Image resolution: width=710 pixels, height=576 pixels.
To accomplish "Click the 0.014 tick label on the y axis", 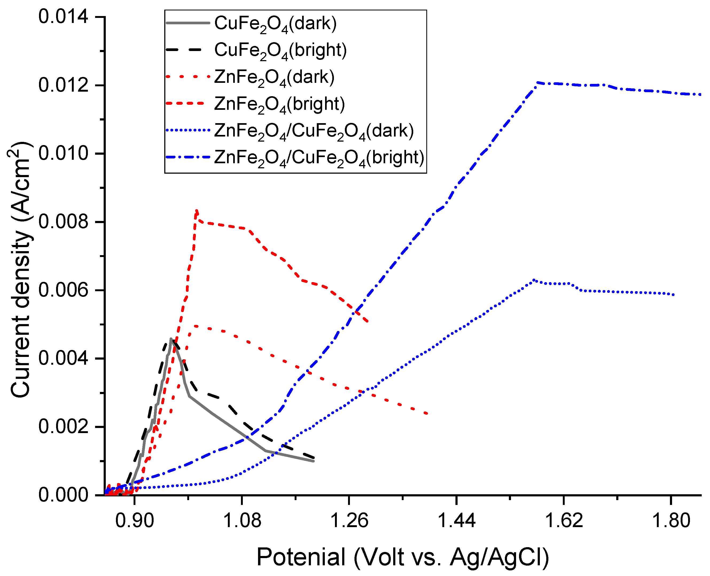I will [63, 17].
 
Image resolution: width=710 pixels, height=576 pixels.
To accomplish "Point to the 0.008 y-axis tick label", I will [63, 222].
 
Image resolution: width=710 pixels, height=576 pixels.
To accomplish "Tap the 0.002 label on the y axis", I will [63, 426].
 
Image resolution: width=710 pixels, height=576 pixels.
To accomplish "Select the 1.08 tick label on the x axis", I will [242, 520].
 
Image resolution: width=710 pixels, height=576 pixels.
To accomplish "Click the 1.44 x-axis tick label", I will [457, 520].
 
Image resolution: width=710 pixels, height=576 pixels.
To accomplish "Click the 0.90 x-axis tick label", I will [134, 520].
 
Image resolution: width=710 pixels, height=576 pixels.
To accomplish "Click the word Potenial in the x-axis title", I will [301, 557].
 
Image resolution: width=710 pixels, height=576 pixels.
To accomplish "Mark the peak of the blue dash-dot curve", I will [537, 82].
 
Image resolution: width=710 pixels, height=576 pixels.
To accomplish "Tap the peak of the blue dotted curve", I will [534, 280].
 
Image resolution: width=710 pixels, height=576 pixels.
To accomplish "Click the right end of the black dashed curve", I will [314, 458].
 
